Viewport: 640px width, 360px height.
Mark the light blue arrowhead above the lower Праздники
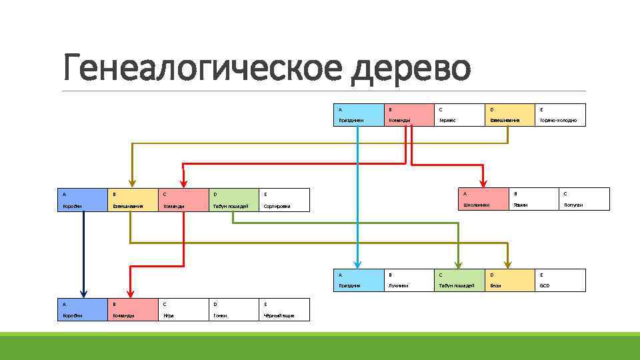(x=358, y=263)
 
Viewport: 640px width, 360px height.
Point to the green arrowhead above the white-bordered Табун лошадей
(x=459, y=263)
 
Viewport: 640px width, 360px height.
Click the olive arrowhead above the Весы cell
(x=509, y=263)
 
